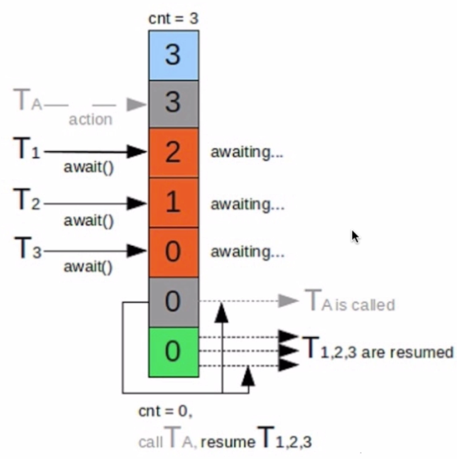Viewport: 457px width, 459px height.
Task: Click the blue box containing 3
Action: (173, 55)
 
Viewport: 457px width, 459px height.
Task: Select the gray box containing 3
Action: (173, 104)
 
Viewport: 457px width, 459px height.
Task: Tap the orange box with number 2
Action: (173, 153)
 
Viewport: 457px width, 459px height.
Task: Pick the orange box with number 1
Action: (173, 203)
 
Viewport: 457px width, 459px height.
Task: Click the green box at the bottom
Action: (173, 352)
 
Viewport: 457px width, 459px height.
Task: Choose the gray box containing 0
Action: (173, 302)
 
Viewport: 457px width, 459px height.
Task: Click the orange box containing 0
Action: (173, 252)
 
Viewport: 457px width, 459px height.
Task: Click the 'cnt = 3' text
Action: (174, 19)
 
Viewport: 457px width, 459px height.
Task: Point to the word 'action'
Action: (90, 120)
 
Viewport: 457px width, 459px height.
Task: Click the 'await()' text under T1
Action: (89, 169)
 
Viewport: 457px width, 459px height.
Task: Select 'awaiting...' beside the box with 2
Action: (247, 153)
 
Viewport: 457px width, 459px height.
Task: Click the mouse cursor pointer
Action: (355, 237)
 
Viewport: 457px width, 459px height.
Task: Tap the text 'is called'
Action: (364, 305)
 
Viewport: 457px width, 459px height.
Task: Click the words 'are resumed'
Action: (407, 352)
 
